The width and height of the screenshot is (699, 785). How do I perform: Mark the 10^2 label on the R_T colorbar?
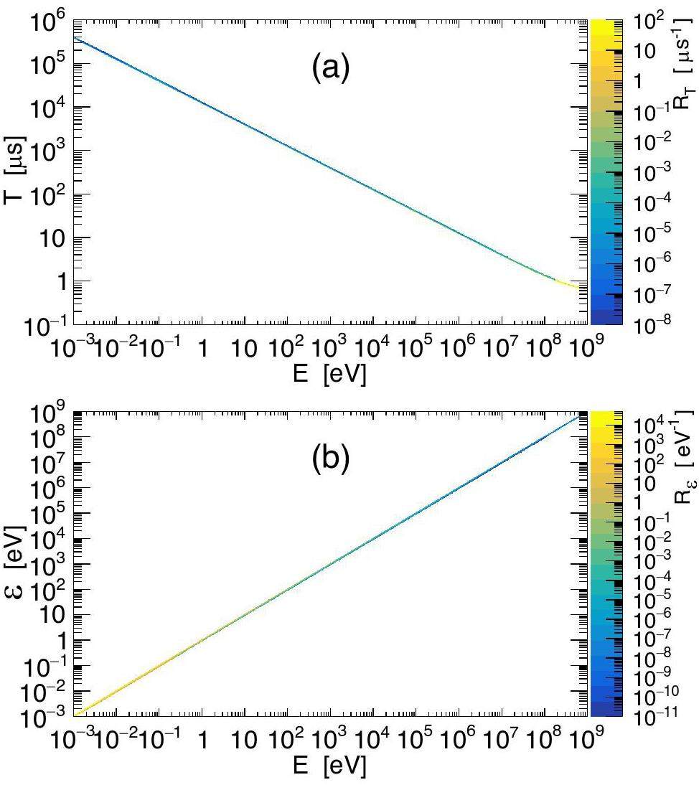pos(650,22)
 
